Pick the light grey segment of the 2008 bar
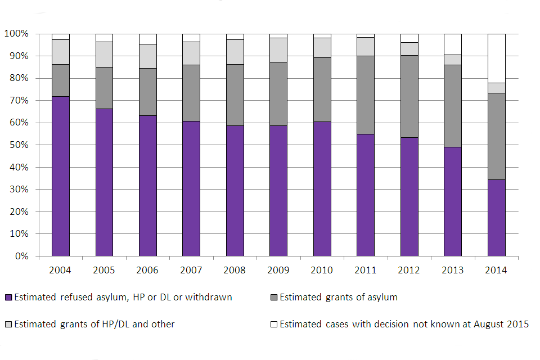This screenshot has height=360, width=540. tap(235, 52)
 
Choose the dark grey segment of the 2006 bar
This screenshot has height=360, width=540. tap(147, 92)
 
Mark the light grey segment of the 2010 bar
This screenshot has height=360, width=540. tap(322, 48)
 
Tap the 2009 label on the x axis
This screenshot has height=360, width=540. tap(278, 270)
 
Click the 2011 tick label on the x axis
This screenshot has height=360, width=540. tap(366, 270)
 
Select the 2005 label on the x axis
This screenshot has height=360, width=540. tap(104, 270)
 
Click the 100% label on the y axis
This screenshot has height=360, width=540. tap(18, 34)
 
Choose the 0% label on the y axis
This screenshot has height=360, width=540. tap(22, 256)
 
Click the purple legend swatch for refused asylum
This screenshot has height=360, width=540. tap(7, 298)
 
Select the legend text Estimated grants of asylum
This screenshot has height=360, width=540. tap(338, 297)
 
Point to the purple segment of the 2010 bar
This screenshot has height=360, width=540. tap(322, 188)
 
